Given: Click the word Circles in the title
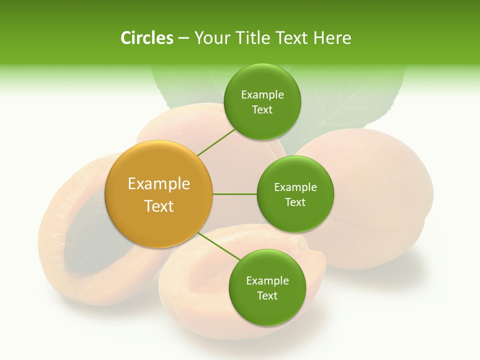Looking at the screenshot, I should click(146, 38).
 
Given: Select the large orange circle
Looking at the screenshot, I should click(158, 194).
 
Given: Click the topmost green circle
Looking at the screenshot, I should click(262, 101).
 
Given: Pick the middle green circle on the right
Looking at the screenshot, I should click(295, 194).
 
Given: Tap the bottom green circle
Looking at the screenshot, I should click(267, 287).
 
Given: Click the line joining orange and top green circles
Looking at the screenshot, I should click(216, 142).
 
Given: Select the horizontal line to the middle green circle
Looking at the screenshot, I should click(234, 194).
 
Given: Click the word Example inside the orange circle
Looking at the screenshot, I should click(158, 184).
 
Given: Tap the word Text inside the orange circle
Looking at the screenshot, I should click(158, 206).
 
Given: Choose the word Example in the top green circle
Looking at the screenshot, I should click(262, 95).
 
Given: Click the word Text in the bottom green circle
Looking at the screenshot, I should click(267, 295).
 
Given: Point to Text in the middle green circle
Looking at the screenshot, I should click(295, 202).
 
